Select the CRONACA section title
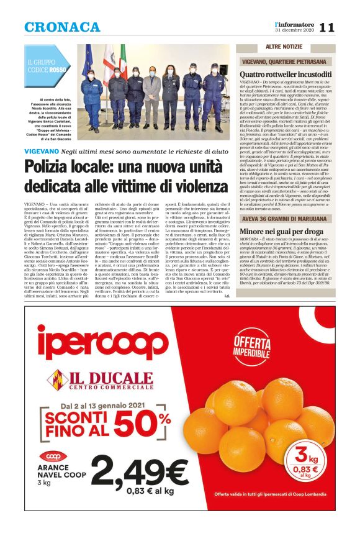pos(62,27)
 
